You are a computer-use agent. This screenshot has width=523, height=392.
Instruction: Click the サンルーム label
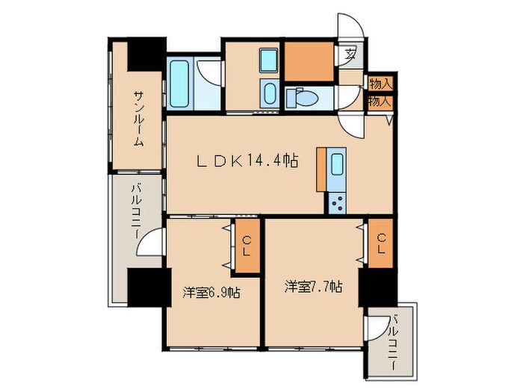[139, 118]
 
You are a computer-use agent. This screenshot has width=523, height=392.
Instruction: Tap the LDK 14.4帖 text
[247, 161]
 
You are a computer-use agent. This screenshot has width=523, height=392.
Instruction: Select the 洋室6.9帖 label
[212, 293]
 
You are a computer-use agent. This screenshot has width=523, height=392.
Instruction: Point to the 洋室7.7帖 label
[313, 287]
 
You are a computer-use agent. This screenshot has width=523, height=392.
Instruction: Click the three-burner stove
[337, 200]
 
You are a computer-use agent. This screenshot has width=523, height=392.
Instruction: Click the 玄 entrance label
[350, 55]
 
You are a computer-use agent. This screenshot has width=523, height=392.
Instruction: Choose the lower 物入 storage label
[380, 100]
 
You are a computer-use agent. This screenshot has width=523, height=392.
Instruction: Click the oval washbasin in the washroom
[269, 93]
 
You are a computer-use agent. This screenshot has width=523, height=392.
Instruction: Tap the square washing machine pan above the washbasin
[269, 60]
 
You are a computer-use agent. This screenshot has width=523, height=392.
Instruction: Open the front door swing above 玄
[350, 28]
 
